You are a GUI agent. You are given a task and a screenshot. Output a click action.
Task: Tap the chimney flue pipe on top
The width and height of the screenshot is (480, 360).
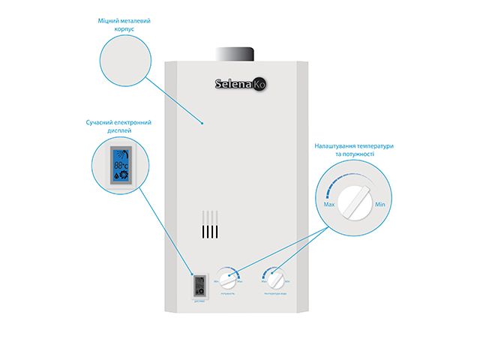click(x=235, y=55)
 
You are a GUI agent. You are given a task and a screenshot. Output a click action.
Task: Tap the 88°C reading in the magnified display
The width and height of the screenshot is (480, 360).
click(x=120, y=163)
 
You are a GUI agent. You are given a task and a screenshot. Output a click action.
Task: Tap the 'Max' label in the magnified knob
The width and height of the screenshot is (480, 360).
click(x=328, y=204)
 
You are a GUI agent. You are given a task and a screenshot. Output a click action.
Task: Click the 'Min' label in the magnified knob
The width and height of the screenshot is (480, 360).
click(x=380, y=204)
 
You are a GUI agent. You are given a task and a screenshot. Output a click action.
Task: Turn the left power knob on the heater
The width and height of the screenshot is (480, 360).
click(x=228, y=280)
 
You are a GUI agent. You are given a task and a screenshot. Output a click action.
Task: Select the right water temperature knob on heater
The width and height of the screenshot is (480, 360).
click(x=276, y=280)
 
